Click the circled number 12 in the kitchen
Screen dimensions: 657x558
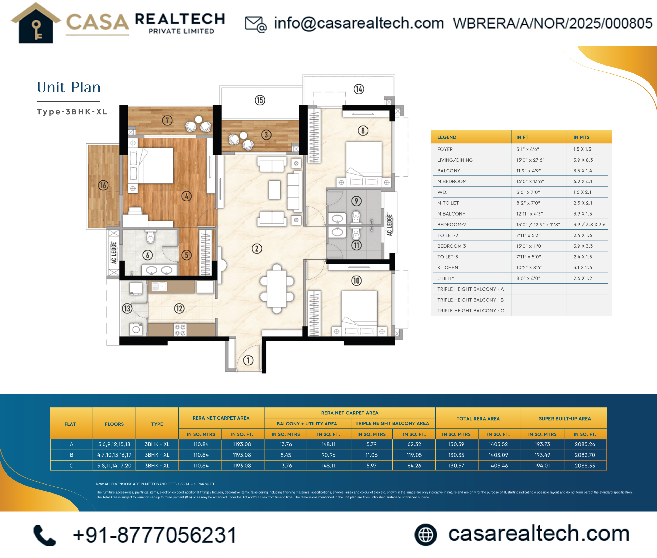(179, 309)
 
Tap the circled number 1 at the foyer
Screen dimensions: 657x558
(248, 360)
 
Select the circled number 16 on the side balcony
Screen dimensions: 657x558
(103, 185)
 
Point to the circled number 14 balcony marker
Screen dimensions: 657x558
(359, 89)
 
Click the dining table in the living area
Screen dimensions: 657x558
(277, 289)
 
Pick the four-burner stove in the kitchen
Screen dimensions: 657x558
(180, 330)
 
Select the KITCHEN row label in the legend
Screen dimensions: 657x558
(448, 268)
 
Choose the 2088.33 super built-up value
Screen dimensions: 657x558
(585, 466)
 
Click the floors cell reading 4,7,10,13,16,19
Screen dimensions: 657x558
(114, 455)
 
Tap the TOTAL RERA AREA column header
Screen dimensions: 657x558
(478, 418)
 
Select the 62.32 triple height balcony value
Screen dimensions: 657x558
(414, 444)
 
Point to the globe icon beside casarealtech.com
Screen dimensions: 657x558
(426, 535)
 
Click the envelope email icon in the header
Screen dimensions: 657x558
(256, 24)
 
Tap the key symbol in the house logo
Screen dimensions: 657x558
(37, 30)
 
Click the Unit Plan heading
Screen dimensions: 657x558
(69, 87)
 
